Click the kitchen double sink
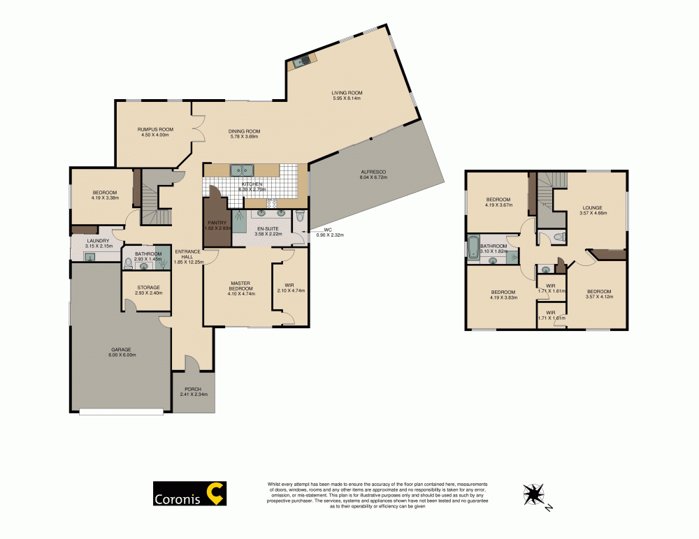(243, 170)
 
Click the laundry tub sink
(89, 257)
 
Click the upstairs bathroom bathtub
(474, 247)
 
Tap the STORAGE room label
(148, 287)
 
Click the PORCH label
(193, 389)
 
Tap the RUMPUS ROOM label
(154, 129)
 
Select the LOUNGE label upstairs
(592, 207)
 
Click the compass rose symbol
(534, 494)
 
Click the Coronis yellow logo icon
(217, 494)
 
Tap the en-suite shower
(239, 222)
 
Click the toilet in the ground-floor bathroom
(128, 264)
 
